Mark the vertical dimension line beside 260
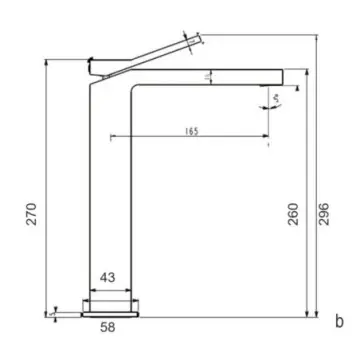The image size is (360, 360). point(306,200)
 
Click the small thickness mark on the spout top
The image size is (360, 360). point(210,73)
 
